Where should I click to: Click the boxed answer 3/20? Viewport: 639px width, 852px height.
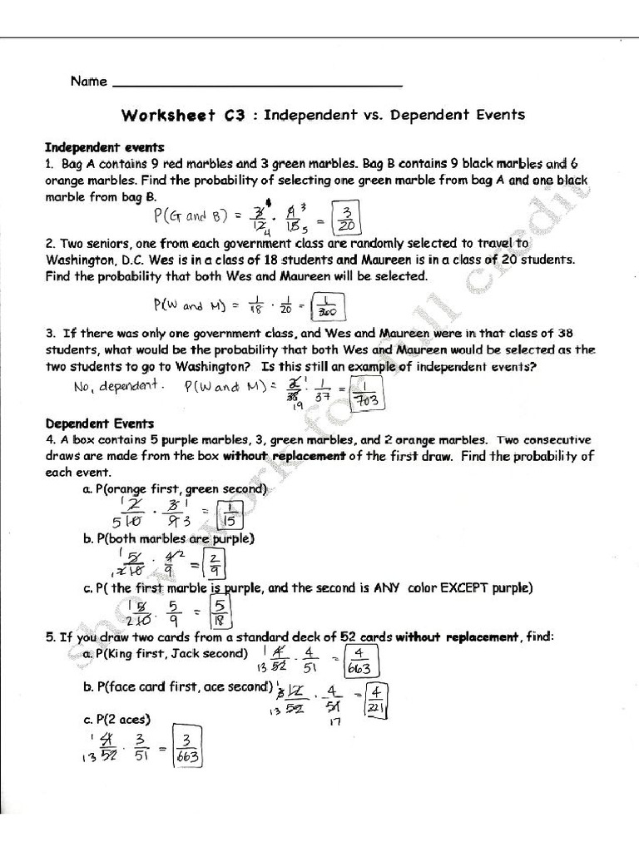(347, 218)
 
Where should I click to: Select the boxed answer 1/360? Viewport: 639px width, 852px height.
(329, 307)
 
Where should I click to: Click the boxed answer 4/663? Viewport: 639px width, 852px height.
(360, 661)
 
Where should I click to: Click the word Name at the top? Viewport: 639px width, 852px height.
(88, 82)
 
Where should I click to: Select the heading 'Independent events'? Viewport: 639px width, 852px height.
(104, 147)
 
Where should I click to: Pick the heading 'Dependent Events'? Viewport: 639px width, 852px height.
(99, 424)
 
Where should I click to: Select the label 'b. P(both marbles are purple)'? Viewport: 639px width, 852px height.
(168, 538)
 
